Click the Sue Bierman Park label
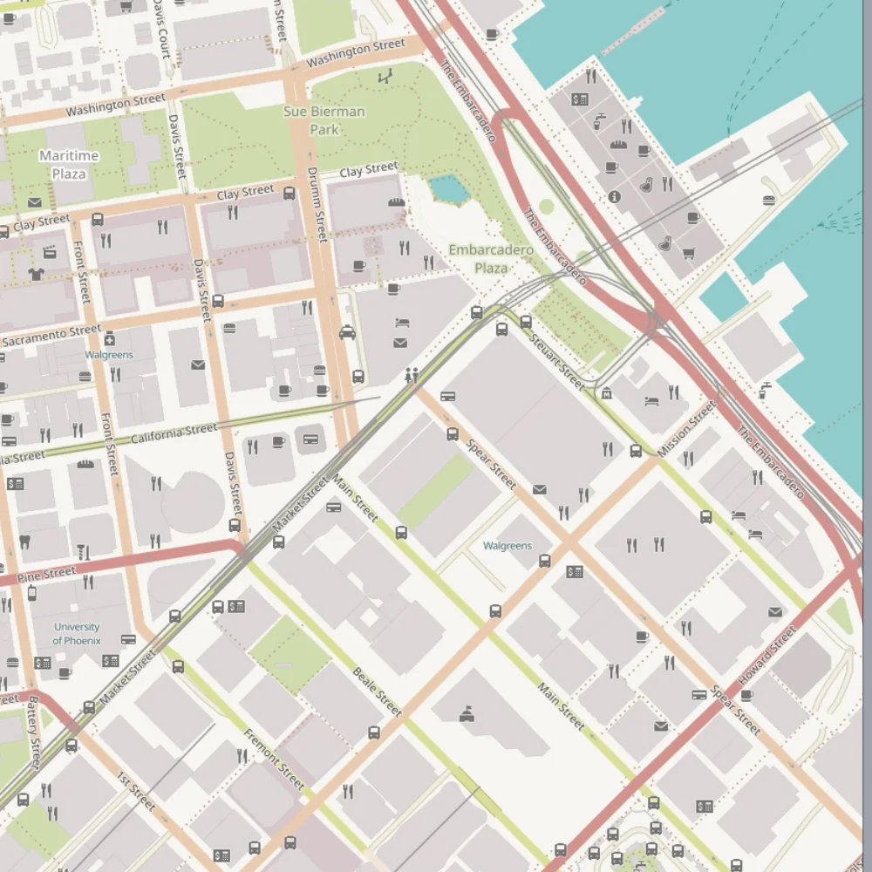click(324, 120)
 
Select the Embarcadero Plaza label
click(491, 259)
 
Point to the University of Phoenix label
click(77, 633)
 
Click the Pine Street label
click(46, 574)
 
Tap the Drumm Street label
click(317, 204)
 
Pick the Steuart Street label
click(556, 362)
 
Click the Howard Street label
click(766, 655)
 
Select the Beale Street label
click(378, 691)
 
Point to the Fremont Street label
click(274, 759)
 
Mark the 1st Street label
click(136, 790)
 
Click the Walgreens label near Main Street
click(507, 546)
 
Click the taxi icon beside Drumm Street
click(347, 331)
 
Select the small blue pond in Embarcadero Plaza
click(447, 187)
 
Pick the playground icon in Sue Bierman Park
click(385, 77)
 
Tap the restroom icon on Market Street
click(412, 375)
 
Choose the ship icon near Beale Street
click(467, 715)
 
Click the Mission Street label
click(686, 429)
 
